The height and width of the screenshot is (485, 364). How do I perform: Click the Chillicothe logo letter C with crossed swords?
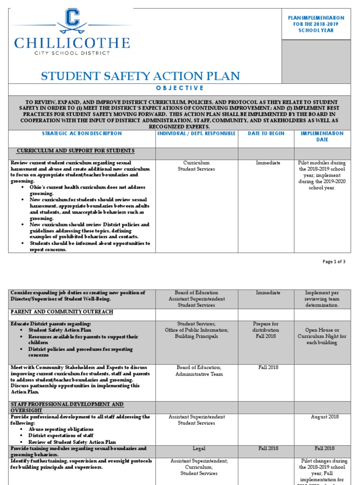[72, 22]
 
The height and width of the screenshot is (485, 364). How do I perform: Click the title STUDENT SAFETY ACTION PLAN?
[141, 76]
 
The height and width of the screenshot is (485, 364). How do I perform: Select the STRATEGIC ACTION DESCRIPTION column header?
[82, 134]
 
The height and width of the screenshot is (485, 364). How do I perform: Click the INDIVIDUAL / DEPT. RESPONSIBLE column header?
[196, 134]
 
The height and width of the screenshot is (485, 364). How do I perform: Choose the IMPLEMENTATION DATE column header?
[322, 136]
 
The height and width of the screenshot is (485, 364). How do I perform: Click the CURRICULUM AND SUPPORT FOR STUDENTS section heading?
[76, 151]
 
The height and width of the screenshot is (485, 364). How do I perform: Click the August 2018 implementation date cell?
[325, 417]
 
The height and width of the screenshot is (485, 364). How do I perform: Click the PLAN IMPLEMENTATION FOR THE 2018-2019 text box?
[316, 24]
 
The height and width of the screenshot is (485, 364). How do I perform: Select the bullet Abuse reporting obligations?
[61, 429]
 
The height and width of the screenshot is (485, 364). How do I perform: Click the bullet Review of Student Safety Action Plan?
[72, 442]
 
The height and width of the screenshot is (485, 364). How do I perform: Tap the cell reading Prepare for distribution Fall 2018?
[266, 330]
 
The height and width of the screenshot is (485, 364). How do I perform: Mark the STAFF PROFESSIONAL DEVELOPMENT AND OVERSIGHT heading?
[67, 407]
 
